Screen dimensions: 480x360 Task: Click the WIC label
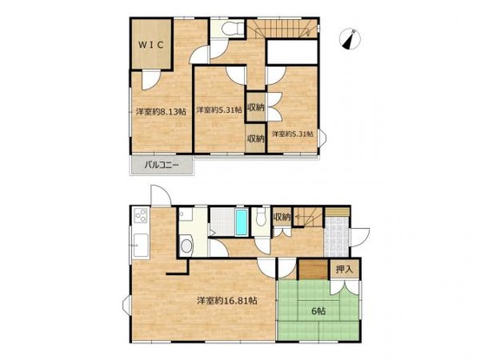pyautogui.click(x=151, y=45)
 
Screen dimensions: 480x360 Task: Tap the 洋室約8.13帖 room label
pyautogui.click(x=161, y=112)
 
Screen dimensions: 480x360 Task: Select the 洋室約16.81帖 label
pyautogui.click(x=227, y=301)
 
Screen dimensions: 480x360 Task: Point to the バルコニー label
pyautogui.click(x=161, y=166)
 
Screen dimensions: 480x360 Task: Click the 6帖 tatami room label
pyautogui.click(x=319, y=311)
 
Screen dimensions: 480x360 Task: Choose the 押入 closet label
pyautogui.click(x=345, y=269)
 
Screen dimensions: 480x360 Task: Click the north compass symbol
pyautogui.click(x=350, y=39)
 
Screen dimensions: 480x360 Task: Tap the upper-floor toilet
pyautogui.click(x=232, y=29)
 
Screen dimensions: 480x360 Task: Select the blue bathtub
pyautogui.click(x=241, y=222)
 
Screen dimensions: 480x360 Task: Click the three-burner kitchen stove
pyautogui.click(x=141, y=215)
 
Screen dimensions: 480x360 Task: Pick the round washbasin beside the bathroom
pyautogui.click(x=187, y=245)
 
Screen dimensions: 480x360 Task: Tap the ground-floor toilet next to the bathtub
pyautogui.click(x=260, y=217)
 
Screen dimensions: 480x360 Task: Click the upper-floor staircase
pyautogui.click(x=282, y=29)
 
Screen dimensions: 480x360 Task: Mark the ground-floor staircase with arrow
pyautogui.click(x=308, y=217)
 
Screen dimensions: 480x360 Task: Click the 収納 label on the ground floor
pyautogui.click(x=282, y=218)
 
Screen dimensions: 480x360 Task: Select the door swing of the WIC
pyautogui.click(x=151, y=80)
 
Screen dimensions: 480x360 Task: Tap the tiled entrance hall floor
pyautogui.click(x=337, y=237)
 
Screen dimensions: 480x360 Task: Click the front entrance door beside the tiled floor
pyautogui.click(x=359, y=238)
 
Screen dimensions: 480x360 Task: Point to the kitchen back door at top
pyautogui.click(x=161, y=196)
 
